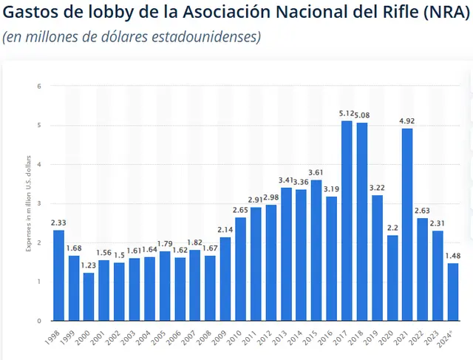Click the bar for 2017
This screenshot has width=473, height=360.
[346, 220]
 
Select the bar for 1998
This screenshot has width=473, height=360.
[58, 275]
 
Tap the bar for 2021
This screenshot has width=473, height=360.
[406, 224]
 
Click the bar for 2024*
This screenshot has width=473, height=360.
[452, 291]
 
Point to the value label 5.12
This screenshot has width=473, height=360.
[346, 113]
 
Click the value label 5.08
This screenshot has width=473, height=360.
[362, 115]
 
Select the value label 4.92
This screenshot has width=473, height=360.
[406, 121]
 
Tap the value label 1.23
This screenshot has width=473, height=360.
[89, 265]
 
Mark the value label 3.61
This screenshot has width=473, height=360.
[316, 172]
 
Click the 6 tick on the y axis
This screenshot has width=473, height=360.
[38, 86]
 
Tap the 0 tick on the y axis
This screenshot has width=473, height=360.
[38, 321]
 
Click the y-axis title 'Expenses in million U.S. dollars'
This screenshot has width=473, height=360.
[28, 203]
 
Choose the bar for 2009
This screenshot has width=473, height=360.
[225, 279]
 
